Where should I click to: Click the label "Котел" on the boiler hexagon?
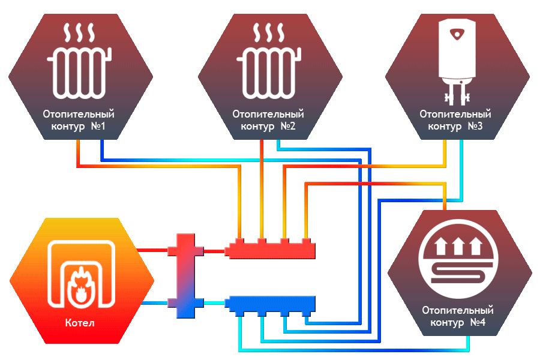tap(80, 323)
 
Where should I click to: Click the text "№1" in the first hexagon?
tap(98, 126)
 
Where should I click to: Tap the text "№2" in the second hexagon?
tap(288, 126)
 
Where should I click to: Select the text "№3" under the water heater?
tap(475, 126)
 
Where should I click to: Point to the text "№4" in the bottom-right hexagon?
tap(478, 322)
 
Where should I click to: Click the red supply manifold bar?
tap(270, 250)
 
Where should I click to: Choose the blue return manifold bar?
tap(270, 305)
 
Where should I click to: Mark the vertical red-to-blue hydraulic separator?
tap(185, 275)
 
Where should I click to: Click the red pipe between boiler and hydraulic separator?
tap(152, 250)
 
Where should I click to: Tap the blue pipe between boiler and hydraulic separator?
tap(155, 303)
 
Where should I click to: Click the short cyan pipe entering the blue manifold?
tap(214, 303)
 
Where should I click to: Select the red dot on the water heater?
tap(457, 34)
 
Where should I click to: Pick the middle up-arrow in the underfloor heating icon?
tap(458, 246)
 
